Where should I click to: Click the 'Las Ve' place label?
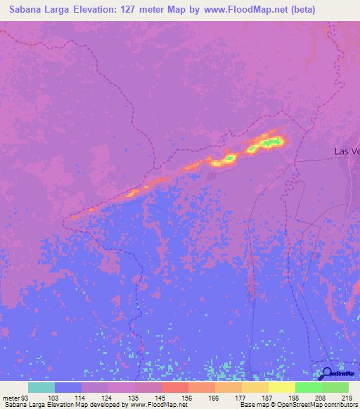[x=346, y=151]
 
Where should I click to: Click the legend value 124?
[x=107, y=397]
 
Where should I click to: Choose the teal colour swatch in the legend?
[x=41, y=387]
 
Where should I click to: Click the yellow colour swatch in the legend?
[x=281, y=387]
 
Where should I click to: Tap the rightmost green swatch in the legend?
[x=335, y=387]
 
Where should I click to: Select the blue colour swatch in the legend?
[x=68, y=387]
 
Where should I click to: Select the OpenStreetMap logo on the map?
[x=337, y=373]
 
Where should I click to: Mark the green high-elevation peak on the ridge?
[x=270, y=143]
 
